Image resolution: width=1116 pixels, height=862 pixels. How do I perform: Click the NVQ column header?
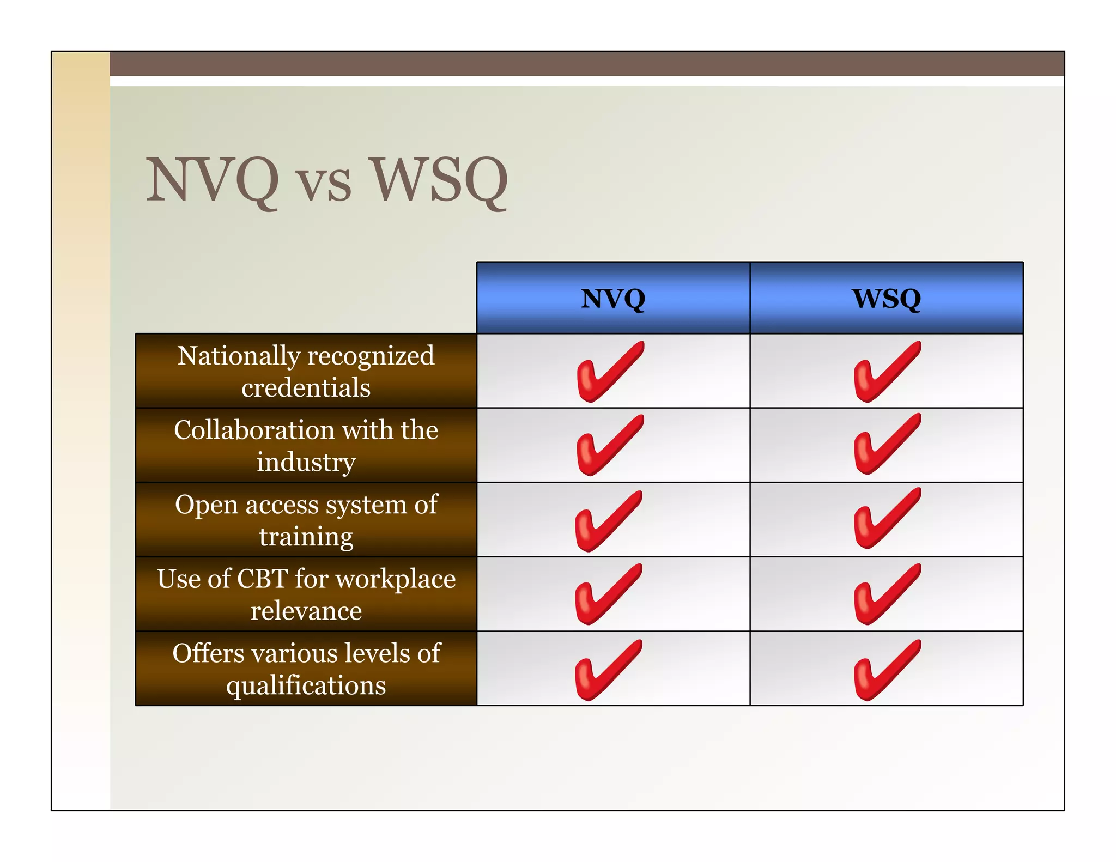[613, 298]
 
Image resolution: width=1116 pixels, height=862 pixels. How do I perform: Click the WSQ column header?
[887, 298]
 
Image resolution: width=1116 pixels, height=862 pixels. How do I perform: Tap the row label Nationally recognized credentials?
[306, 371]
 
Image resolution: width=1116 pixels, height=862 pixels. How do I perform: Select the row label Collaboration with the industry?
[306, 445]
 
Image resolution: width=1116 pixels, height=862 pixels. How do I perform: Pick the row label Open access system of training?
[306, 520]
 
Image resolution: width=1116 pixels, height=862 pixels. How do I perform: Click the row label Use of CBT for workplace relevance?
[306, 594]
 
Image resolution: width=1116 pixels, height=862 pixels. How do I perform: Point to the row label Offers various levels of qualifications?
[306, 669]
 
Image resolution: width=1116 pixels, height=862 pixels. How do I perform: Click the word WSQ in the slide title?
[439, 180]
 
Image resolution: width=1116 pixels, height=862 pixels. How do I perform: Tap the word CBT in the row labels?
[262, 579]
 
